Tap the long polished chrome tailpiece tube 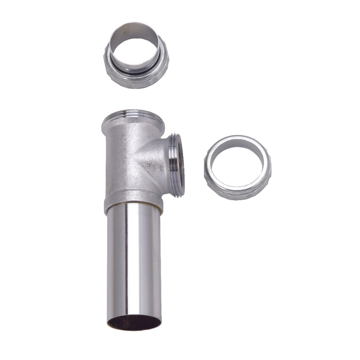click(134, 261)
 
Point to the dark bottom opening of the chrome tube click(134, 323)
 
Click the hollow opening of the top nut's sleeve click(135, 43)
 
